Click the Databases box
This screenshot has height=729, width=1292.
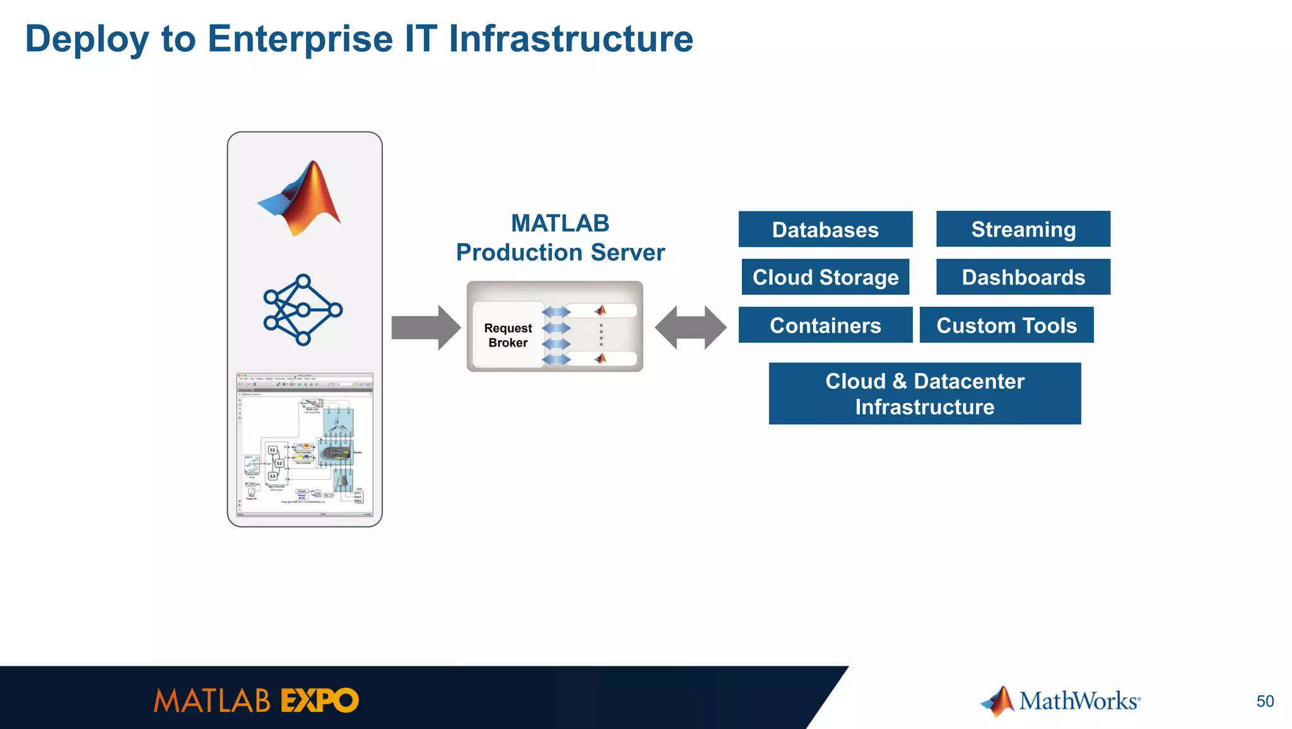(825, 229)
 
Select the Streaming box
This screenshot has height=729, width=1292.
(1023, 228)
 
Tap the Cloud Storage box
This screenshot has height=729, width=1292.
(825, 277)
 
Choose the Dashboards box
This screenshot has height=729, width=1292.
(1023, 277)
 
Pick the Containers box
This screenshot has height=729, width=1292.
(825, 325)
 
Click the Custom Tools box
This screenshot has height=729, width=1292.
(1006, 325)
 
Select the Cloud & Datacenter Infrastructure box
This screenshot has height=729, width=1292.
(924, 393)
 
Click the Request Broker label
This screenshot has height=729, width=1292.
(508, 335)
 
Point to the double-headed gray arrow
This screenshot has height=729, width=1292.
(691, 328)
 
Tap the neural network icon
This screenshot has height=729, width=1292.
(303, 310)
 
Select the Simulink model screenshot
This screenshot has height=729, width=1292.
(305, 445)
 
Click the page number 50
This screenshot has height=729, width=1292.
(1265, 701)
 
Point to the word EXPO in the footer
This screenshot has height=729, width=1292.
(319, 701)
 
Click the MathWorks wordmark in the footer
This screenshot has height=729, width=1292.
(1079, 701)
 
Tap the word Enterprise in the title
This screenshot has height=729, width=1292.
(300, 39)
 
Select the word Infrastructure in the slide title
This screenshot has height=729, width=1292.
(570, 39)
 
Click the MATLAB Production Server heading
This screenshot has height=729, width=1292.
(560, 238)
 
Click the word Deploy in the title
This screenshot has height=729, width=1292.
(87, 39)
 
